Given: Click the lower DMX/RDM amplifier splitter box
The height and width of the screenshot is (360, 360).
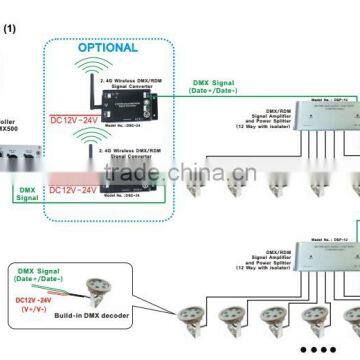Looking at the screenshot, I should pyautogui.click(x=311, y=264).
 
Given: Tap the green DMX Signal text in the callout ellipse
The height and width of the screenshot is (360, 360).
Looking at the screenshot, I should pyautogui.click(x=41, y=267).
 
